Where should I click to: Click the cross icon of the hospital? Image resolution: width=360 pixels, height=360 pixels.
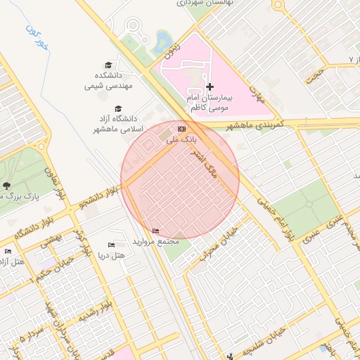210,86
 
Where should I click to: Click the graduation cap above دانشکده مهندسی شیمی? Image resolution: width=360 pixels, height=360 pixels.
108,65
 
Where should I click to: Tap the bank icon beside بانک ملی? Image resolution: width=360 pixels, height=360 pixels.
182,129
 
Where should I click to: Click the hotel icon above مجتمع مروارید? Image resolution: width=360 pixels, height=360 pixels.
155,231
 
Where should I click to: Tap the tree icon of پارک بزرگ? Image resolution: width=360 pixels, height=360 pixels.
6,186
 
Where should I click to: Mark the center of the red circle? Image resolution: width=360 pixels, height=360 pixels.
180,180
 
